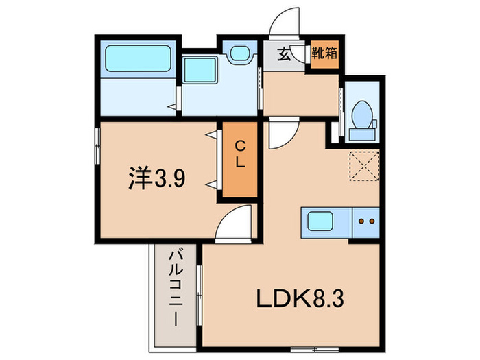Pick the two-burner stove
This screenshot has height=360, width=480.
pos(365,222)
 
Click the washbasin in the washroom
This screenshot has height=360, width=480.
pos(239,54)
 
